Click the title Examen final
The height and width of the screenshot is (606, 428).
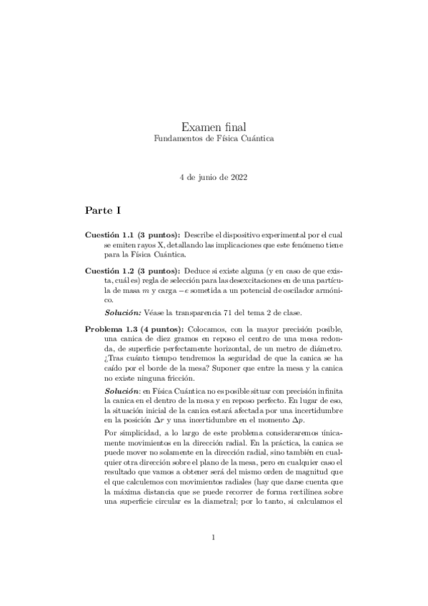click(214, 126)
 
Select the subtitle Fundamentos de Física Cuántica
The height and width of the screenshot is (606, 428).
click(214, 138)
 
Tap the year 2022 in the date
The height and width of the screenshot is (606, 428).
click(238, 175)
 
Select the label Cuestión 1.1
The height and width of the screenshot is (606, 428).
click(109, 235)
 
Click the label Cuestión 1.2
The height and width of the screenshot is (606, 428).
click(109, 272)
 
